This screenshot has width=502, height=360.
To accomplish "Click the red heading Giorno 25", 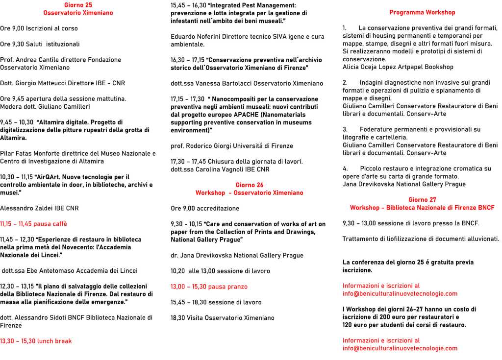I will (x=78, y=5).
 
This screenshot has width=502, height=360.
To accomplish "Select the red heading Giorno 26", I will (x=249, y=185).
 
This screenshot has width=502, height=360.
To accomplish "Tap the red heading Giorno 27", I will (x=422, y=200).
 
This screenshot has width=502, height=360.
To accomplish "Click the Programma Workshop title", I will (x=422, y=12).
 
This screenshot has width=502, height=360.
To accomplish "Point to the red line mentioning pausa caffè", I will (x=33, y=224).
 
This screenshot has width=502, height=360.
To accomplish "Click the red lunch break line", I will (x=36, y=341).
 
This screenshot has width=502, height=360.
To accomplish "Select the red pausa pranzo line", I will (x=209, y=287).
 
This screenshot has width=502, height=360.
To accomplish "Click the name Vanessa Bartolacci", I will (x=208, y=83).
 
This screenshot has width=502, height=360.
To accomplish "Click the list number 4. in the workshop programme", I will (x=345, y=169).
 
